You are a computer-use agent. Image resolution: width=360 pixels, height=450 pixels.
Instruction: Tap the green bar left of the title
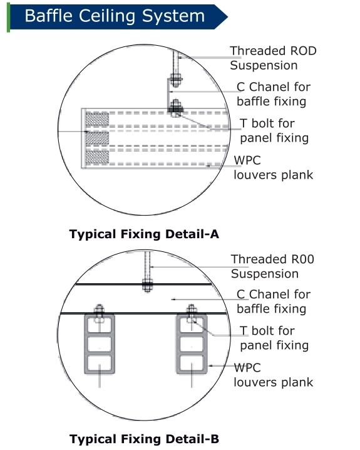tap(9, 17)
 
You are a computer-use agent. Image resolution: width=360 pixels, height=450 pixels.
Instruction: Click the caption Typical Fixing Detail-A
tap(144, 234)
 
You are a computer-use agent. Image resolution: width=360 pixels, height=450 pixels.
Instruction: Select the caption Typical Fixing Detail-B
tap(144, 439)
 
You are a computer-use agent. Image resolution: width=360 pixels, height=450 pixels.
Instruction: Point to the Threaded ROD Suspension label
tap(273, 58)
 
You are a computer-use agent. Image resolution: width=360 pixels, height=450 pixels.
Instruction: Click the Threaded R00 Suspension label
tap(272, 266)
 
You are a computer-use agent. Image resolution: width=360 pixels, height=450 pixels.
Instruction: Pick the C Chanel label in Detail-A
tap(274, 94)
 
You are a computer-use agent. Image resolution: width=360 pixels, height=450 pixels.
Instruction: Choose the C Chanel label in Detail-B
tap(274, 301)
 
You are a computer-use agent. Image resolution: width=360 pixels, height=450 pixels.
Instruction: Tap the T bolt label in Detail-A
tap(274, 130)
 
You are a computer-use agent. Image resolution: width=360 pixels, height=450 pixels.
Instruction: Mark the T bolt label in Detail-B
tap(274, 338)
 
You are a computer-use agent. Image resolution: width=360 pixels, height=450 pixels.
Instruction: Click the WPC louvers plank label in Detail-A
tap(274, 167)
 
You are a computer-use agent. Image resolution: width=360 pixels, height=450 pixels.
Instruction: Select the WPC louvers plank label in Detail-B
tap(274, 375)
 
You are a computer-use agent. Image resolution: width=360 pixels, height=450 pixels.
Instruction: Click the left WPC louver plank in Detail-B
tap(100, 344)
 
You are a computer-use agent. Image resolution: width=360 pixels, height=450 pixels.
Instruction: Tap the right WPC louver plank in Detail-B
tap(192, 344)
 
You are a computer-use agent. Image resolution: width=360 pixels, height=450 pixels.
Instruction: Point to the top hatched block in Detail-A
tap(97, 119)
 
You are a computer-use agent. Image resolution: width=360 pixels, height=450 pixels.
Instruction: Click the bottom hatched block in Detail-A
tap(97, 157)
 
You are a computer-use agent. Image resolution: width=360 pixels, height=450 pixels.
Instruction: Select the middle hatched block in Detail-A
tap(97, 138)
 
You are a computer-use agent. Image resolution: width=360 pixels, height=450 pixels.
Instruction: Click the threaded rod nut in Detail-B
tap(147, 285)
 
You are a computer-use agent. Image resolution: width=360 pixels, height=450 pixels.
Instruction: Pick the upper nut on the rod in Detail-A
tap(175, 80)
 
